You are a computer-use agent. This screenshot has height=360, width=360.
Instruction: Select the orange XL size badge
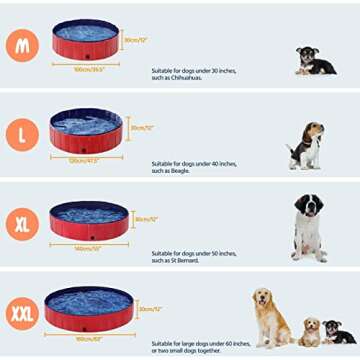(21, 222)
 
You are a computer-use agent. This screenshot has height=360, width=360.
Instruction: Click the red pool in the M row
(86, 41)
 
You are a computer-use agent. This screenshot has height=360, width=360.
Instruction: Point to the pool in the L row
(86, 130)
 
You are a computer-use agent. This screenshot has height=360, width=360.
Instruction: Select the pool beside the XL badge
(90, 219)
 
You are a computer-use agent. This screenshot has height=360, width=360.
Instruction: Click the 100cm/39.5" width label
(87, 70)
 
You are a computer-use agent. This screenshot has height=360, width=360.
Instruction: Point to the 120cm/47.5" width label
(87, 158)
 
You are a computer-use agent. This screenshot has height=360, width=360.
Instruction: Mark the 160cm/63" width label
(90, 338)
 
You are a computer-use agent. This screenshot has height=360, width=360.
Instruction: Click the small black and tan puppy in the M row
(315, 61)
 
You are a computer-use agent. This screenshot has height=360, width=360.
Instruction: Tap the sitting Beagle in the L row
(306, 146)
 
